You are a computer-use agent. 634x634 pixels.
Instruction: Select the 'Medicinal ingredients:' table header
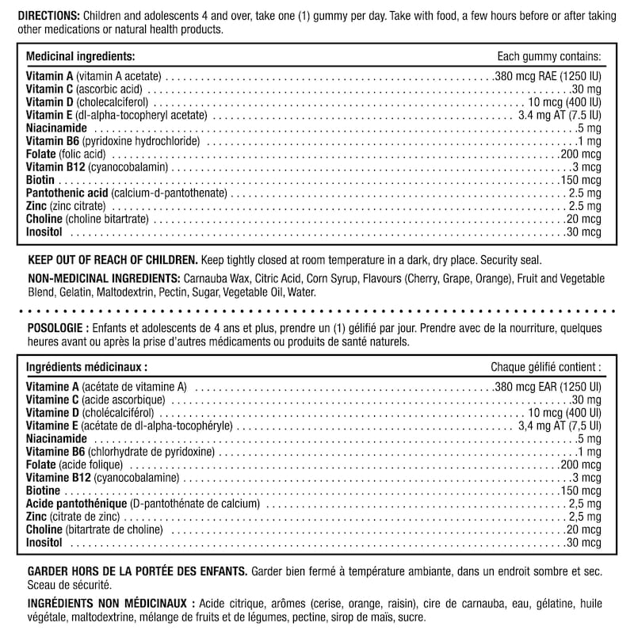click(80, 57)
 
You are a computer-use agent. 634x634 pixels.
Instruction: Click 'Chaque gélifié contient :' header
click(545, 368)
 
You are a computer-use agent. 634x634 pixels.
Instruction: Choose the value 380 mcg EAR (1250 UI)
click(548, 387)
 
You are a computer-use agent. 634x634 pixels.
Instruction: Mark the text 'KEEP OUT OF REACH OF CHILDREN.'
click(112, 260)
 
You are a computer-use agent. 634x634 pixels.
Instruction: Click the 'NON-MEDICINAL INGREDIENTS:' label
click(103, 279)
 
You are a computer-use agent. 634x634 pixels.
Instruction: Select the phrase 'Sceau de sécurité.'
click(68, 585)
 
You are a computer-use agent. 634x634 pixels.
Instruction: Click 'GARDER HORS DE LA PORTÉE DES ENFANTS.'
click(136, 571)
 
